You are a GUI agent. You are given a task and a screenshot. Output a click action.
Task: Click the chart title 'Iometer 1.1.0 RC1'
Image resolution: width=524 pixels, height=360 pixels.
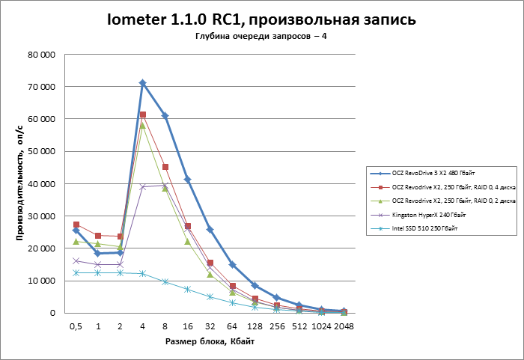point(261,19)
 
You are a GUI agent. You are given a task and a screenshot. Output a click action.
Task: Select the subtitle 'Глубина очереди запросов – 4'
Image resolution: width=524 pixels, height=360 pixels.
point(261,37)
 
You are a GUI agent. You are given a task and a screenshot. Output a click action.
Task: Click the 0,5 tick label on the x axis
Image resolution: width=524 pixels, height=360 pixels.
point(76,326)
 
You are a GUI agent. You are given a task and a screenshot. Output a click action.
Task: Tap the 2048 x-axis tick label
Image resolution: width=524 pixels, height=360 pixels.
point(344,326)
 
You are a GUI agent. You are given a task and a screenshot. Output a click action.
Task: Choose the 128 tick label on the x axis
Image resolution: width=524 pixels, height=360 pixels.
point(255,326)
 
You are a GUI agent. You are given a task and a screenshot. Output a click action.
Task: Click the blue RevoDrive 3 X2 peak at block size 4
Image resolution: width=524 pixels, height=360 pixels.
point(142,83)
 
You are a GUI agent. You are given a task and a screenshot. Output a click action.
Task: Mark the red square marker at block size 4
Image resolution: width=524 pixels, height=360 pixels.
point(142,115)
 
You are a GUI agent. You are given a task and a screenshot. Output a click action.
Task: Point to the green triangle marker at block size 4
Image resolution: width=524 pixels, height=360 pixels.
point(142,125)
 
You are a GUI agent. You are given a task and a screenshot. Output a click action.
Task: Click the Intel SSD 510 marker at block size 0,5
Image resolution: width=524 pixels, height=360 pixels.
point(76,272)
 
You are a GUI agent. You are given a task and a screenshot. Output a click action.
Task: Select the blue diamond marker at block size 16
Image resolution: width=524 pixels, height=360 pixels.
point(187,180)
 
